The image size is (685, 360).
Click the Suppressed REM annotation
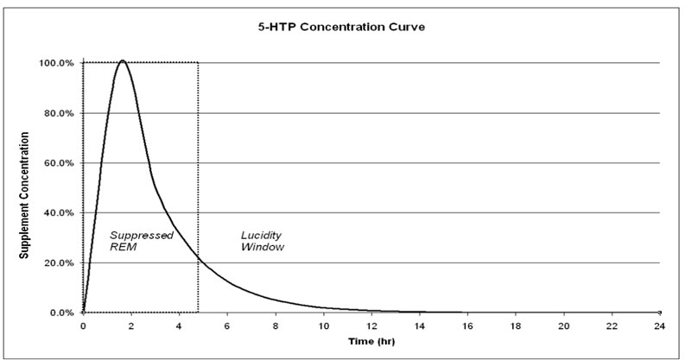coord(141,241)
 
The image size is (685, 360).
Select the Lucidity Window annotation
coord(262,241)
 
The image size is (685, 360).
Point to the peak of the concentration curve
coord(123,61)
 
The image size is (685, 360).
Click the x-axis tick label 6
coord(227,325)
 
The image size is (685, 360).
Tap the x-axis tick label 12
coord(371,325)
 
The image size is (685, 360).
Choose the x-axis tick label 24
coord(660,325)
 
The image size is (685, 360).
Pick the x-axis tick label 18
coord(516,325)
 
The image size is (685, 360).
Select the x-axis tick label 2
coord(131,325)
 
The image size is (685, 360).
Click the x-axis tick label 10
coord(323,325)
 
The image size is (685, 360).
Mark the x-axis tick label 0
coord(83,325)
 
